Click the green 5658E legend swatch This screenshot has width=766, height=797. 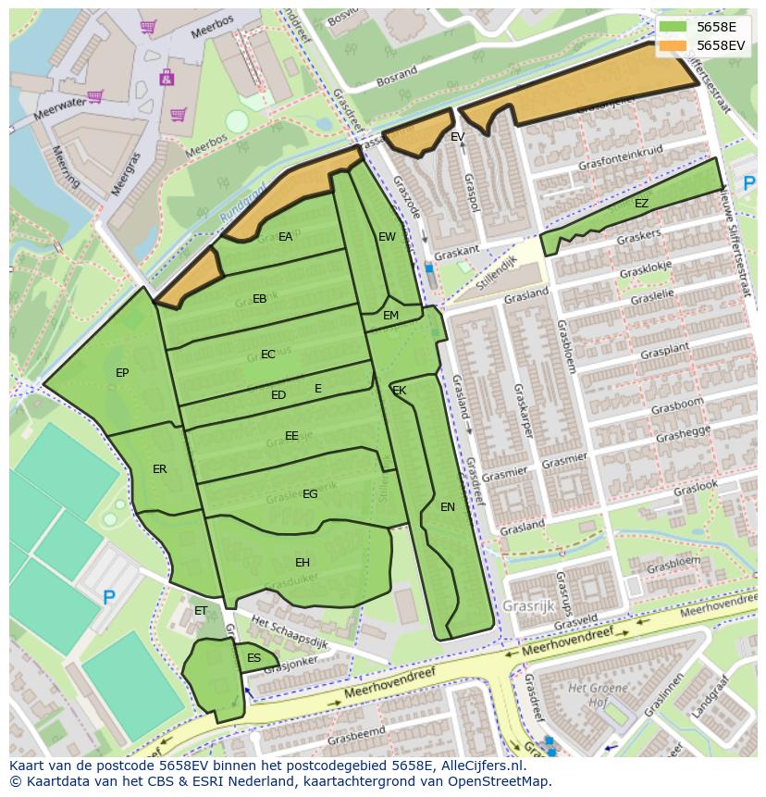673,27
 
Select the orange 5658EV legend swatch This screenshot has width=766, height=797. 673,45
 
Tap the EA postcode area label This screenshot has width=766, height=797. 285,237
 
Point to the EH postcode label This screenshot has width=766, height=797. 303,563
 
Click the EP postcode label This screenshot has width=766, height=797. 122,373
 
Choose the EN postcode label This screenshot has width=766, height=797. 448,507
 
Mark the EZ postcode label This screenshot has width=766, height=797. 641,204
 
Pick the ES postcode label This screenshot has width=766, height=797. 253,658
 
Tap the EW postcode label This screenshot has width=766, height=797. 387,237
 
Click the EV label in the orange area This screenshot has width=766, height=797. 457,137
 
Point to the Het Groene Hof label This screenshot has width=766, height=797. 592,693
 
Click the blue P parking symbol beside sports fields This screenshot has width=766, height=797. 109,598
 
